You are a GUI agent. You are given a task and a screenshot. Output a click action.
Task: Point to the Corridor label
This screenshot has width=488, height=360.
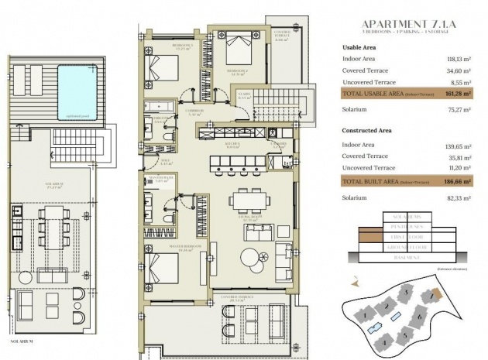194,111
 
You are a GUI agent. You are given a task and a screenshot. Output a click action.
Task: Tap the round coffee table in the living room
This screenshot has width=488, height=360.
250,257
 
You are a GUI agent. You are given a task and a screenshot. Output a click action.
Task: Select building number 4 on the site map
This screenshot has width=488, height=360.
380,339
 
